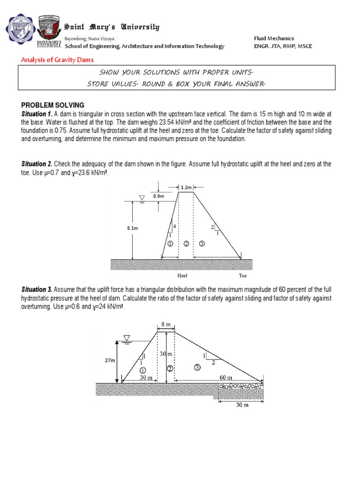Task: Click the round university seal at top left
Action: click(20, 30)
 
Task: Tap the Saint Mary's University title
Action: click(112, 27)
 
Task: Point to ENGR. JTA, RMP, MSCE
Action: click(283, 46)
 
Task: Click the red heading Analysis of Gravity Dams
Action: click(58, 60)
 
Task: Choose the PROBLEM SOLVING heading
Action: click(52, 105)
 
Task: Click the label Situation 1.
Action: click(37, 114)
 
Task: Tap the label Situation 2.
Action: click(37, 164)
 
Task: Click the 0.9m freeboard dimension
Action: click(158, 196)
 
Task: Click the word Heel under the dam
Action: click(182, 276)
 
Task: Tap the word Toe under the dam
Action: click(242, 276)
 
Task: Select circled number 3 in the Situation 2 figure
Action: click(202, 244)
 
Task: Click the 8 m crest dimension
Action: click(165, 324)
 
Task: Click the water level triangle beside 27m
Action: click(126, 338)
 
